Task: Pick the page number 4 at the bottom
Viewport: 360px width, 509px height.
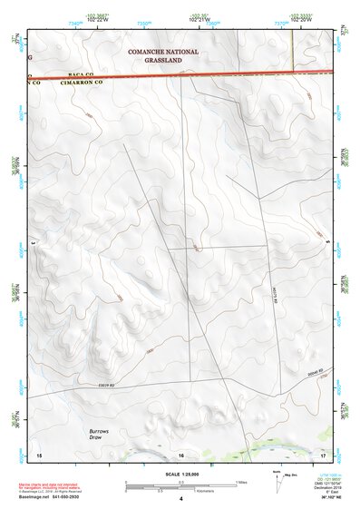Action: coord(180,499)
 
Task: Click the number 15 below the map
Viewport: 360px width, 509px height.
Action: coord(38,454)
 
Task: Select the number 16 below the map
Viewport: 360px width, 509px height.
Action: coord(180,455)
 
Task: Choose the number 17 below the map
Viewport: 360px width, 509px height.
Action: coord(323,454)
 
